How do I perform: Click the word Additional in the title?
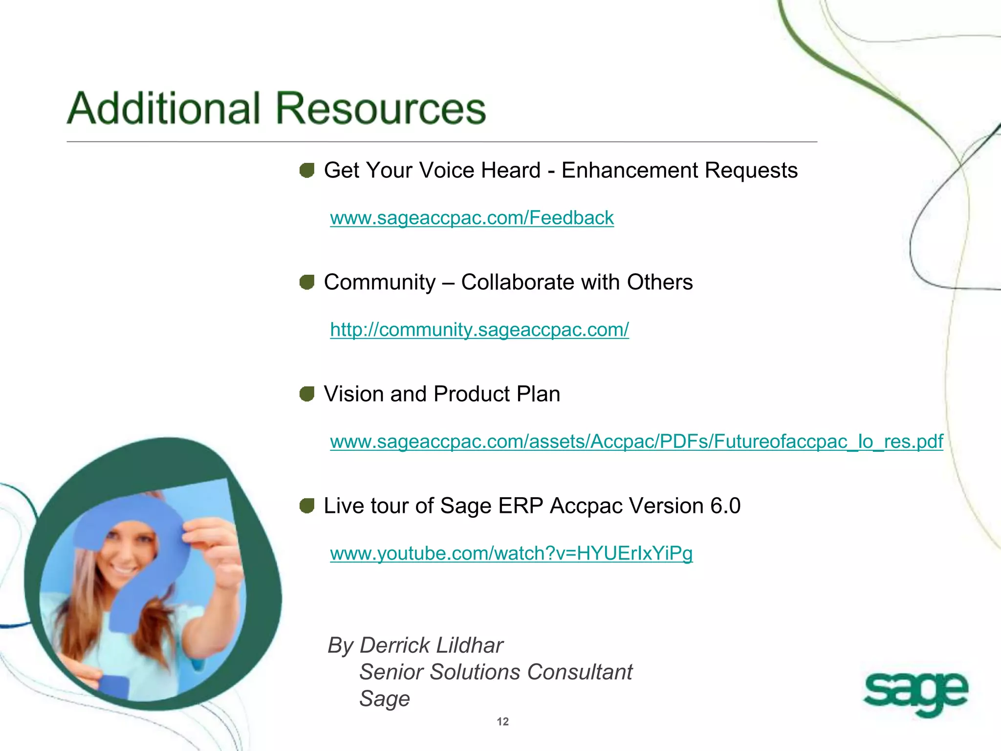click(x=164, y=108)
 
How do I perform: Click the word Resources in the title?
click(x=381, y=108)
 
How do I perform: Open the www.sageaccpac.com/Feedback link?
click(x=472, y=218)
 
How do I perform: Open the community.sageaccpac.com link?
click(x=479, y=330)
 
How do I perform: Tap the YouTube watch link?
click(x=511, y=553)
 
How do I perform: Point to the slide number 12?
click(x=502, y=722)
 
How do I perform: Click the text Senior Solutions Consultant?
click(x=496, y=672)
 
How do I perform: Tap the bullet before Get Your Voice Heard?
click(x=307, y=171)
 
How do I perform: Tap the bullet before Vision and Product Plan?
click(x=307, y=394)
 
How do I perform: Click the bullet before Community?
click(x=307, y=282)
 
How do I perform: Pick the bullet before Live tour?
click(x=307, y=506)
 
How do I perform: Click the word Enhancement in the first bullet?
click(x=630, y=171)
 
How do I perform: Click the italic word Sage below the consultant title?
click(x=385, y=699)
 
